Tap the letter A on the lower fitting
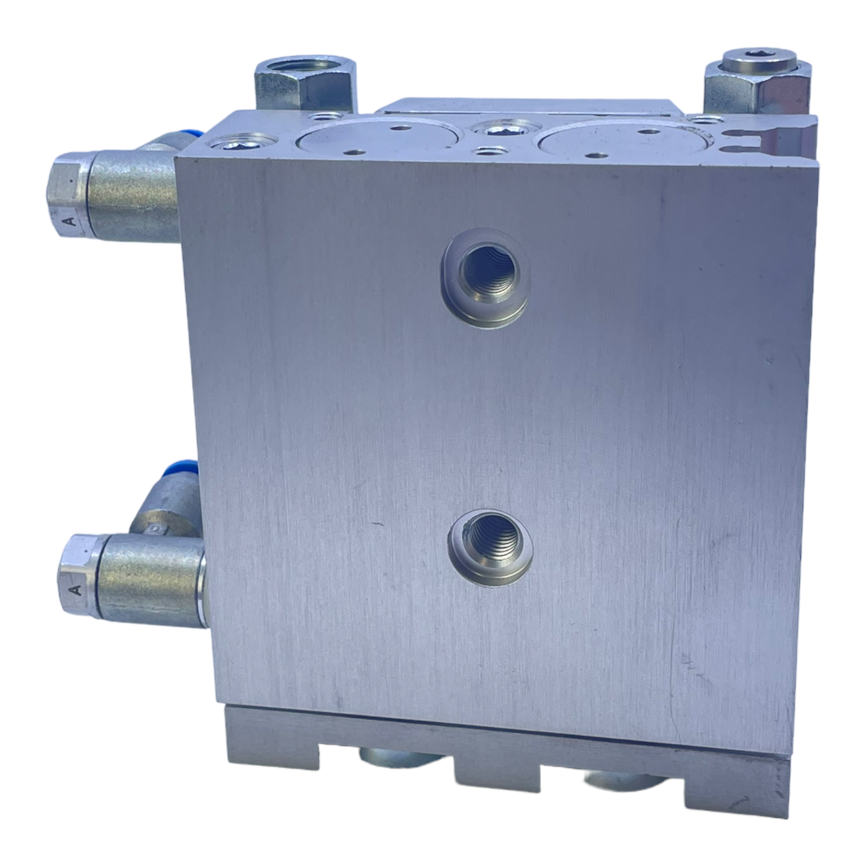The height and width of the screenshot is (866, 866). pyautogui.click(x=76, y=589)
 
